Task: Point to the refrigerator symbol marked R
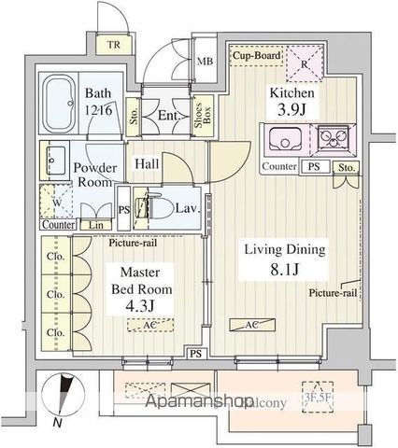tap(306, 65)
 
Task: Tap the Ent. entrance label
tap(169, 115)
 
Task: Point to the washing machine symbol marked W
tap(56, 201)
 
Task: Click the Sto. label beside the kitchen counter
tap(347, 169)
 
